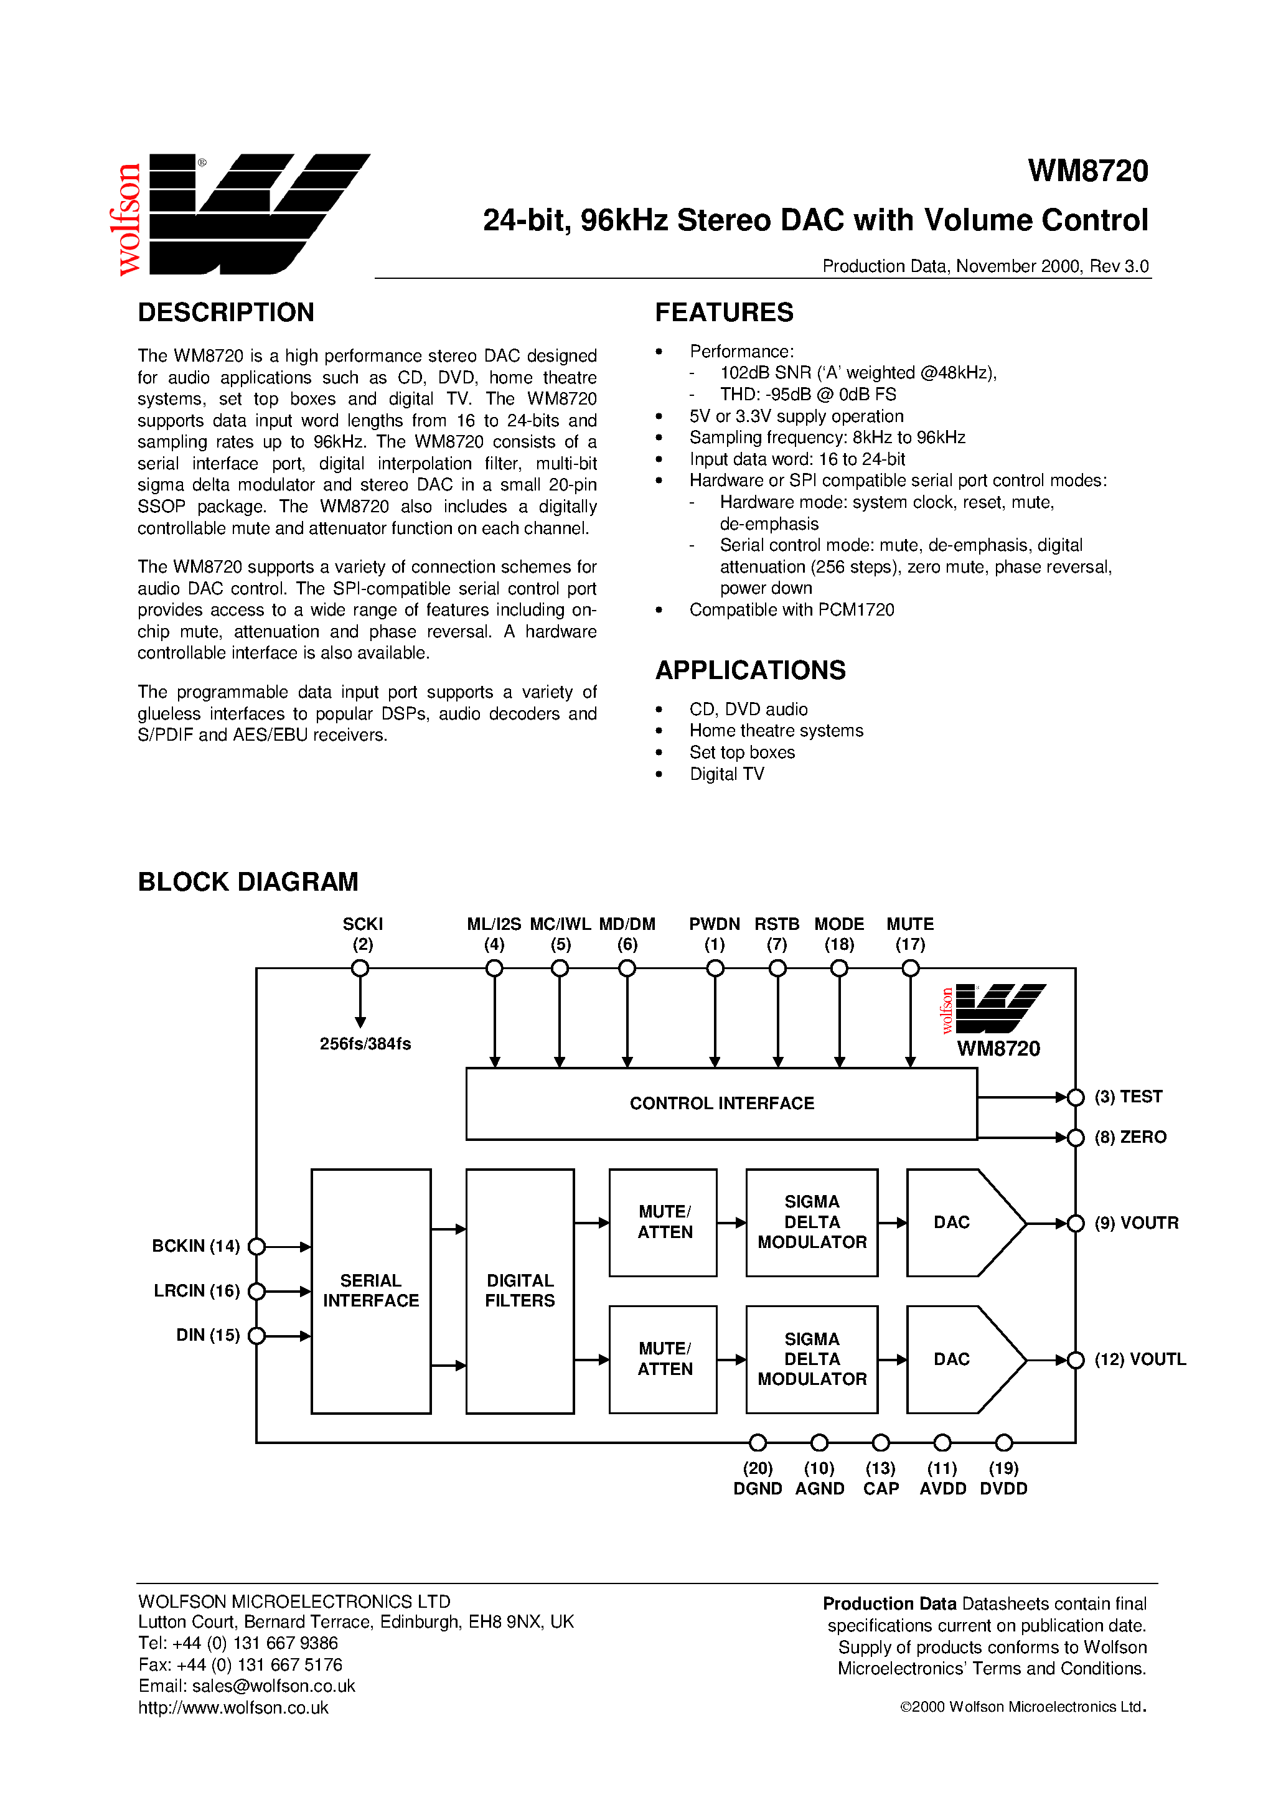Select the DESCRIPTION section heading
click(x=226, y=312)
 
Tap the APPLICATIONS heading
click(x=750, y=670)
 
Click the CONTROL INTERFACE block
click(x=721, y=1104)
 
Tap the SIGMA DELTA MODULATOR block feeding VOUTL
click(x=811, y=1359)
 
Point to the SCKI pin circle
click(x=360, y=968)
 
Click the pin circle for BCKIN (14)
click(x=256, y=1247)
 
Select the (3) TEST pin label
click(x=1129, y=1097)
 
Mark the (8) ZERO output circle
click(x=1075, y=1138)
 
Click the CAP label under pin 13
click(x=881, y=1489)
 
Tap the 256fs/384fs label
click(x=365, y=1044)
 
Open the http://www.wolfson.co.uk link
click(x=233, y=1707)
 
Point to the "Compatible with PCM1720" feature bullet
click(x=791, y=609)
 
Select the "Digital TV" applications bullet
click(x=726, y=774)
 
